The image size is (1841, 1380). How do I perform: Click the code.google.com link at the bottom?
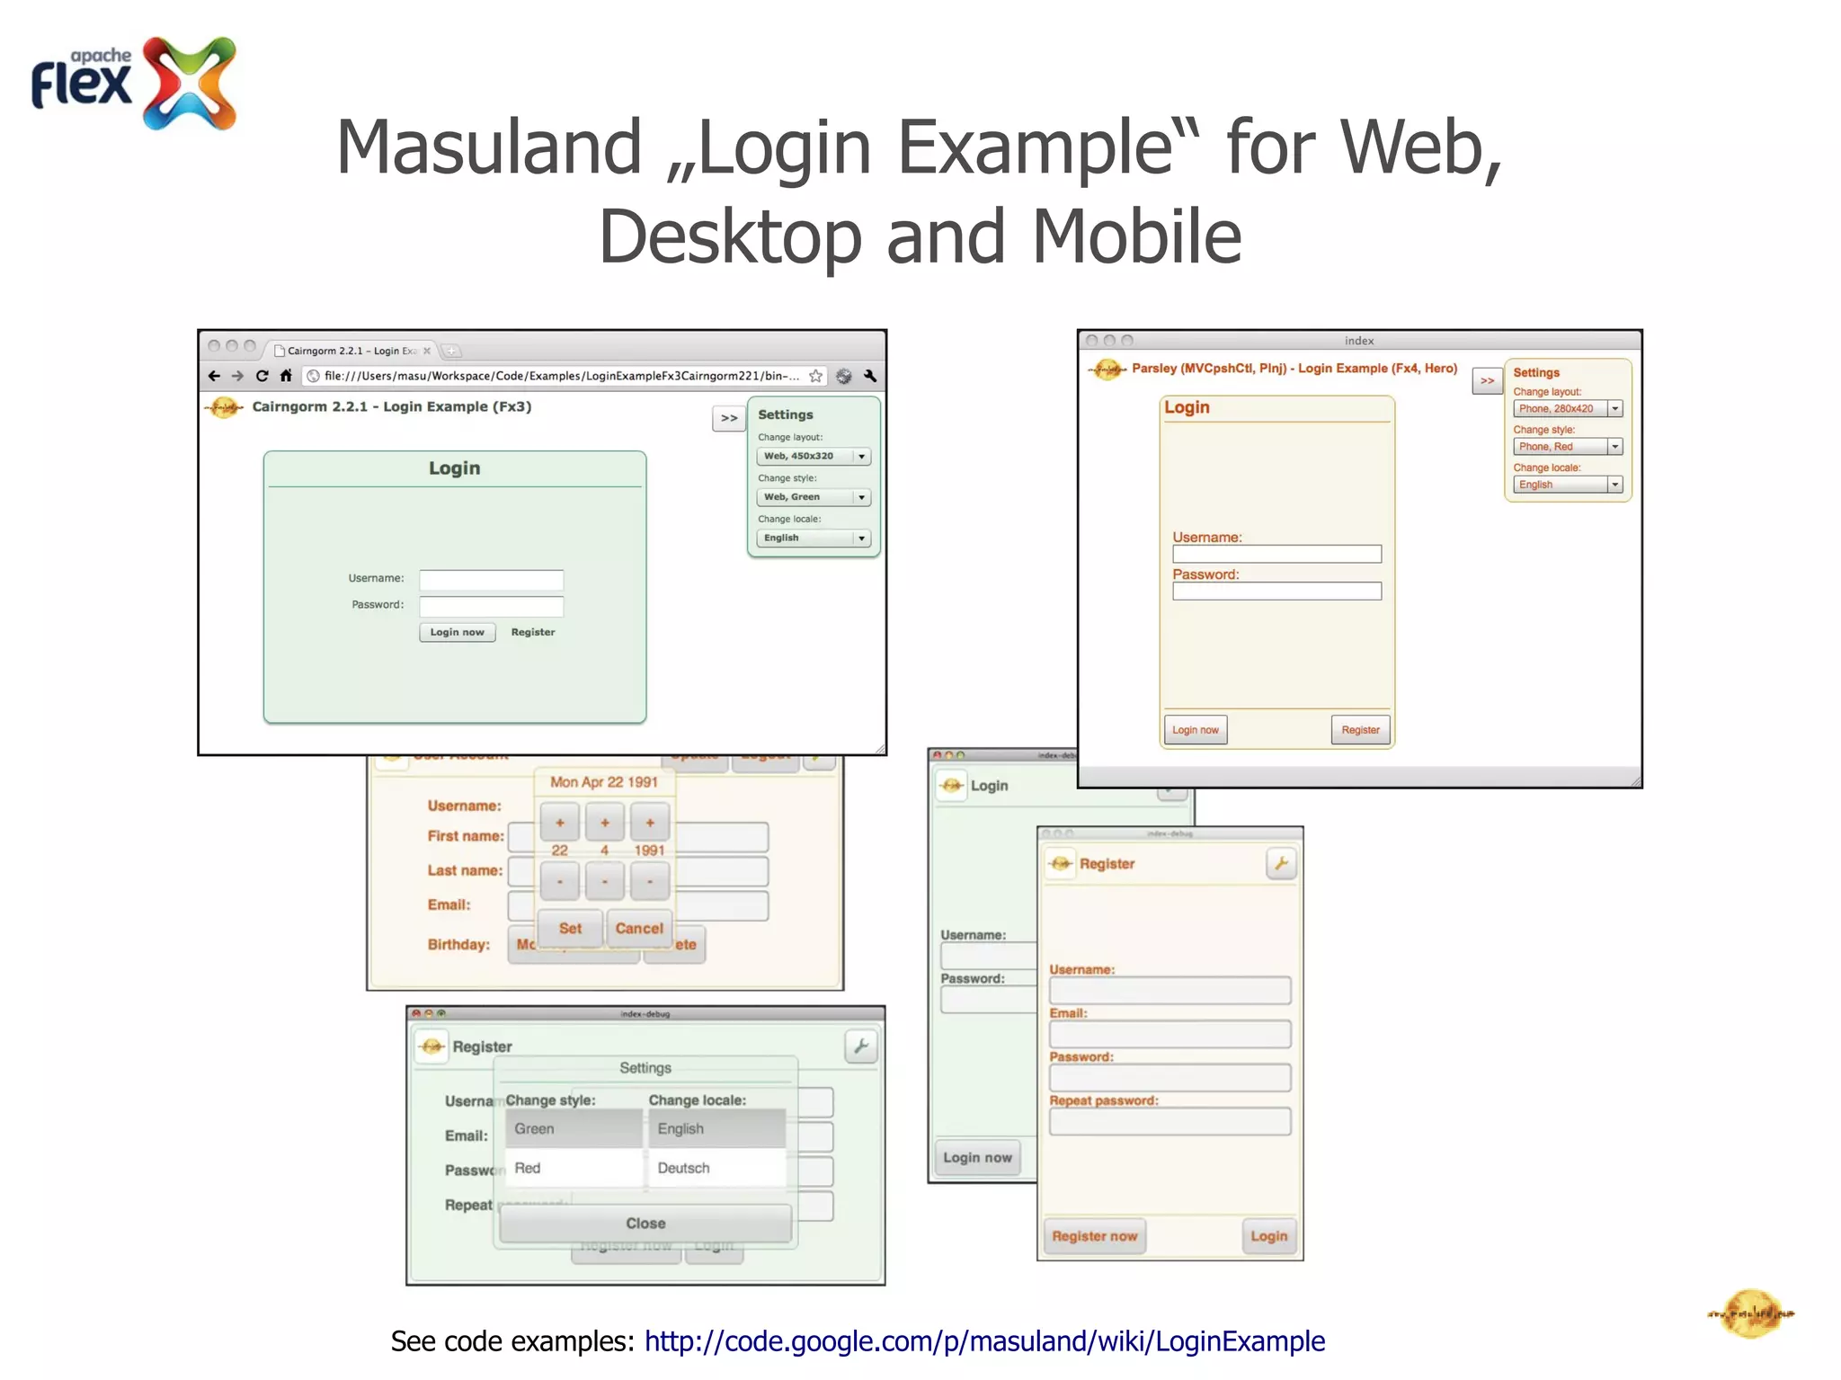point(984,1340)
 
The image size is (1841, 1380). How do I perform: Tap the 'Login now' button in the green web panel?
point(457,632)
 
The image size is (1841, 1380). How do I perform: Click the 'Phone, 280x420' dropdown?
point(1567,409)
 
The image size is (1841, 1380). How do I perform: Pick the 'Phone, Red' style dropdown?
point(1567,447)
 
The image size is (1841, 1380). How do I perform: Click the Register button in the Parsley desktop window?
point(1360,730)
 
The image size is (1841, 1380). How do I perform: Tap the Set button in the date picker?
point(570,928)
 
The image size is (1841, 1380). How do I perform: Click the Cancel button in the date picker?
point(639,928)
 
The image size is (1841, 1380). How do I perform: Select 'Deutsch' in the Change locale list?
point(716,1168)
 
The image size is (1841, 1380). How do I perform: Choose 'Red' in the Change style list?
point(573,1168)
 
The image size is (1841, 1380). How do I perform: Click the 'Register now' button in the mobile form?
point(1094,1236)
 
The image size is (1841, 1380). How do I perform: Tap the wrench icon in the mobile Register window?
point(1281,864)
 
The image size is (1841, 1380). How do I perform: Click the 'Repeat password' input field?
point(1170,1121)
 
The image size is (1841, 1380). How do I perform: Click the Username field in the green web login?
point(491,580)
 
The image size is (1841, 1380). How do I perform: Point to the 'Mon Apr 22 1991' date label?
point(604,782)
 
